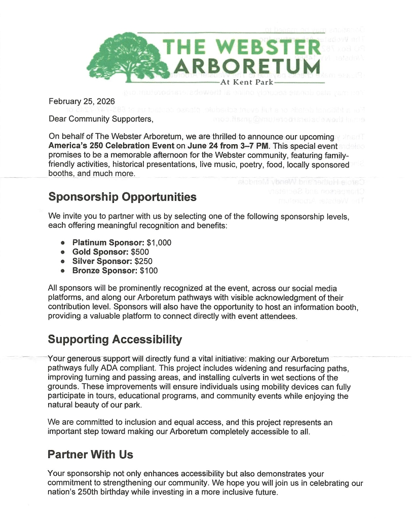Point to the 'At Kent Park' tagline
pos(246,81)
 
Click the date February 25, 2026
pos(82,101)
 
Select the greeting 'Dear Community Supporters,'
pos(100,119)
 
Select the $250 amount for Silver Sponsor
pos(143,261)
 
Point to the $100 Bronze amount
pos(149,271)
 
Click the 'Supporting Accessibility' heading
pos(115,339)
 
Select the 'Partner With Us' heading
pos(90,455)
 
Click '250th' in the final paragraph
pos(91,493)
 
